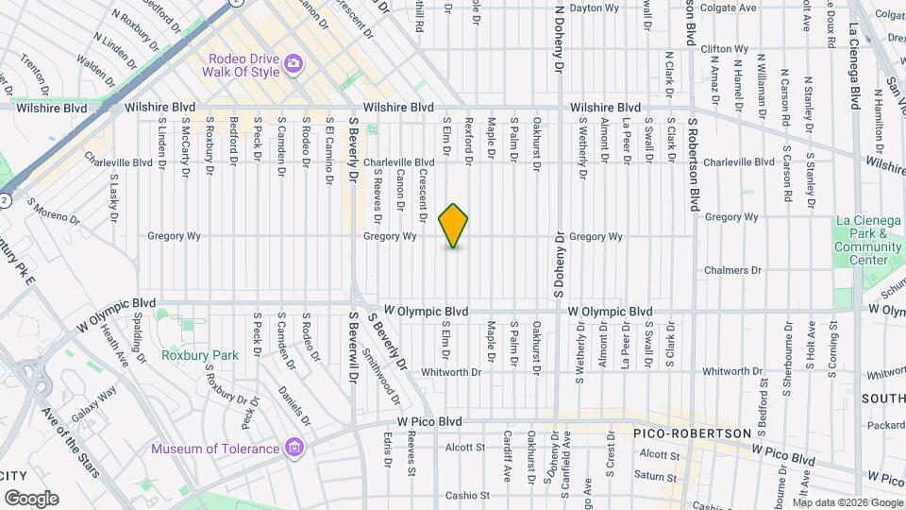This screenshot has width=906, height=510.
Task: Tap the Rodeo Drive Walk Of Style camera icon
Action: [x=294, y=63]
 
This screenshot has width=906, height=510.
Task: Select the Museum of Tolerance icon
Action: [x=294, y=447]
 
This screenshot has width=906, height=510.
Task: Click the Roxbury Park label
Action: [x=199, y=355]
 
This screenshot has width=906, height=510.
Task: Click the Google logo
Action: [x=31, y=498]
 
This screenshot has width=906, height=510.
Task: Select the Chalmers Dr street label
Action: [x=732, y=270]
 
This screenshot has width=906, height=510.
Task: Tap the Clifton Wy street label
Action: [x=725, y=48]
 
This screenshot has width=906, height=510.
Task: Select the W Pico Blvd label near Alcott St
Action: [x=428, y=420]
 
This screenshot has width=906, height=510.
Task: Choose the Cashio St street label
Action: [x=468, y=495]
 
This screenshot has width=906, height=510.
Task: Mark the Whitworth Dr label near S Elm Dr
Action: [x=451, y=371]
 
